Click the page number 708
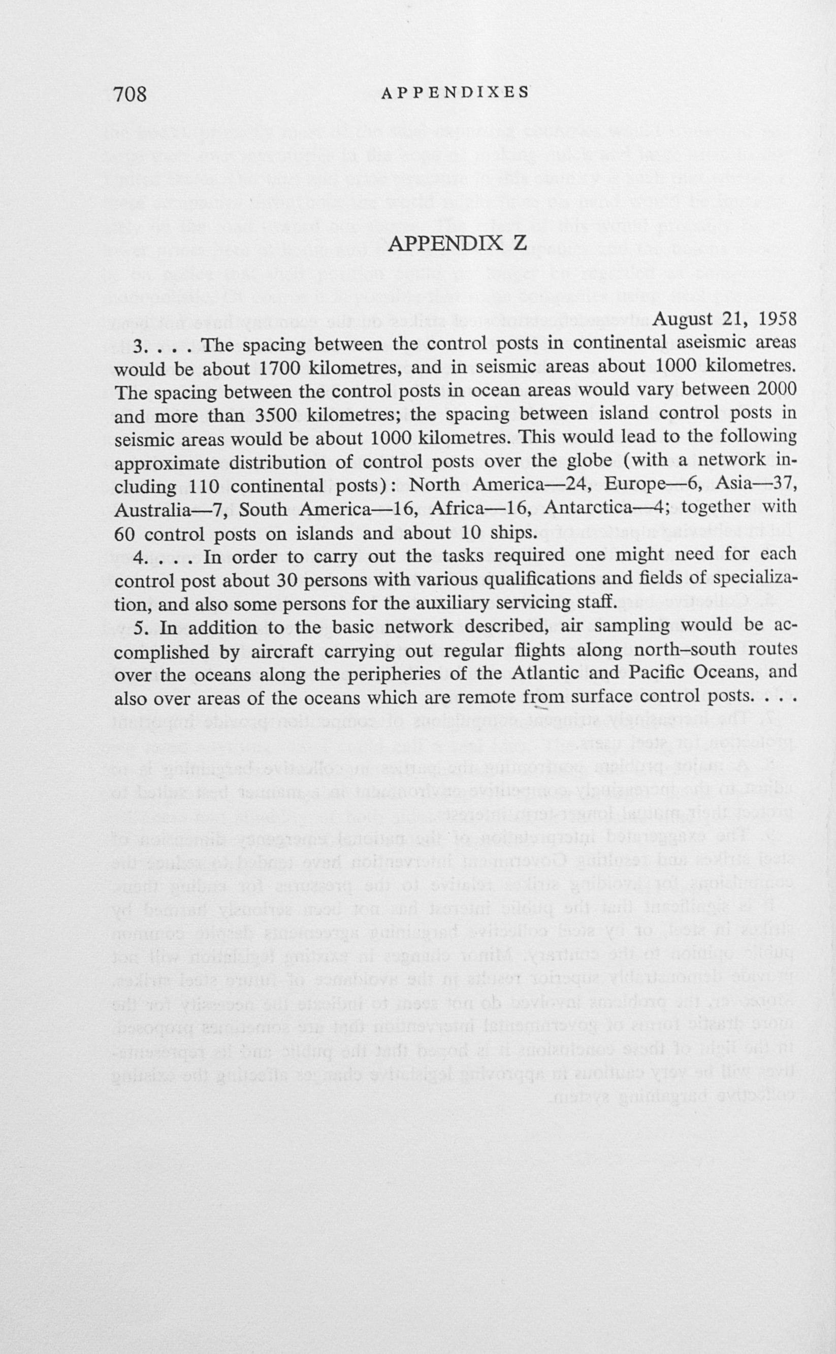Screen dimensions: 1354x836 click(131, 94)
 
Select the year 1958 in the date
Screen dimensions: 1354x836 click(777, 319)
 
